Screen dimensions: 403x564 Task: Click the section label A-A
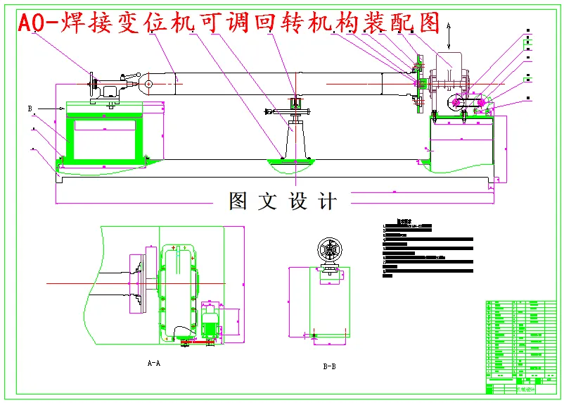click(x=153, y=364)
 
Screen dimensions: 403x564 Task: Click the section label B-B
click(x=328, y=366)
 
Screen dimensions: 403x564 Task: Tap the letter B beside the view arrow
click(x=30, y=108)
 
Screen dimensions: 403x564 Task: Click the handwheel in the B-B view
click(x=329, y=250)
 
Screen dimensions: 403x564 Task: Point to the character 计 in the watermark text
click(x=327, y=201)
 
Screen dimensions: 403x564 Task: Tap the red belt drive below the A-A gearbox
click(x=197, y=342)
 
